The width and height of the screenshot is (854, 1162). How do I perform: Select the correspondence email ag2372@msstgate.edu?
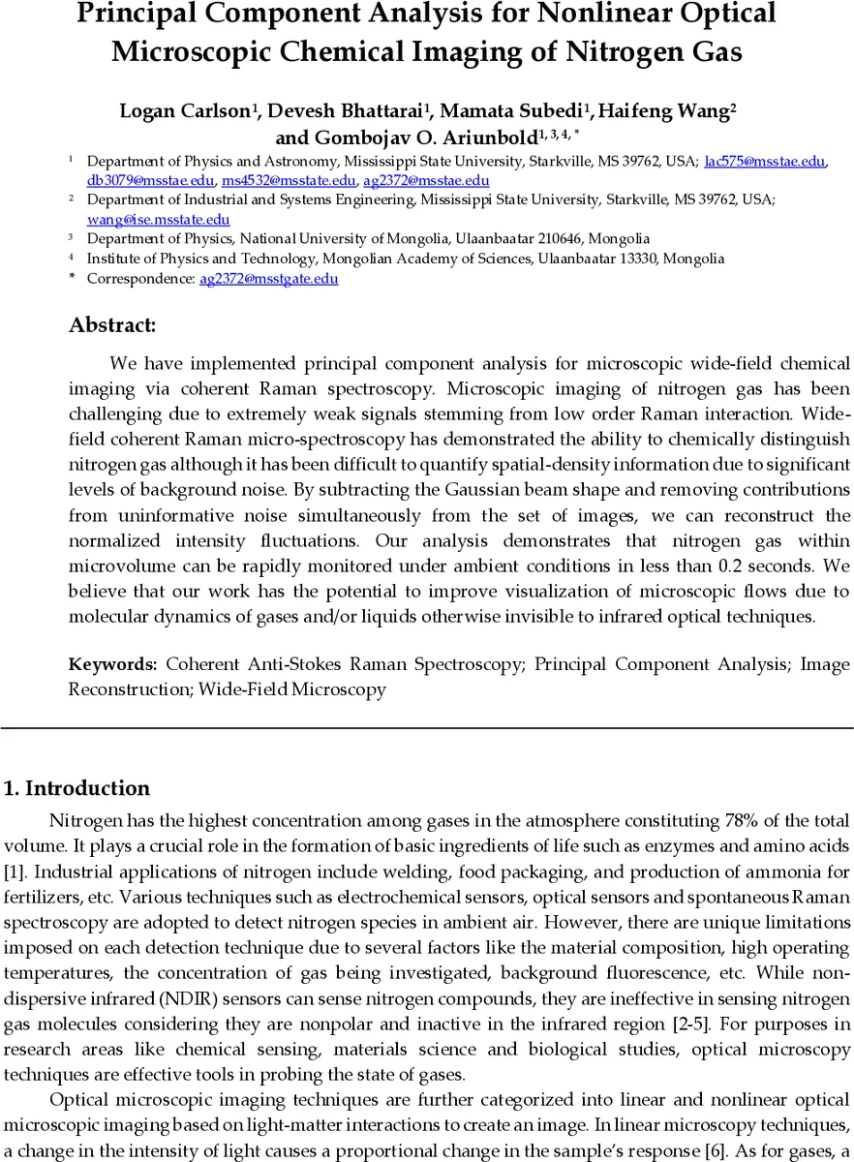268,279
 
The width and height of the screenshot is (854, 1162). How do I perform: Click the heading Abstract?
112,325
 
